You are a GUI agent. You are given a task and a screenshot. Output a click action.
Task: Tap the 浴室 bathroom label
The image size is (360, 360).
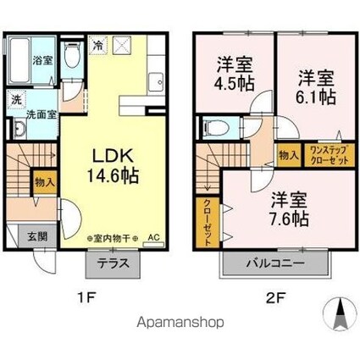[x=40, y=61]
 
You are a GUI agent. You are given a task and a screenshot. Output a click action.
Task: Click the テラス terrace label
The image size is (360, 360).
[x=111, y=263]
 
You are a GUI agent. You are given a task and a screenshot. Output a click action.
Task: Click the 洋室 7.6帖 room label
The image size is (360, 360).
[x=289, y=208]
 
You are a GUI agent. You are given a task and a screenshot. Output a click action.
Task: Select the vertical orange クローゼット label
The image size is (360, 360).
[x=207, y=223]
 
